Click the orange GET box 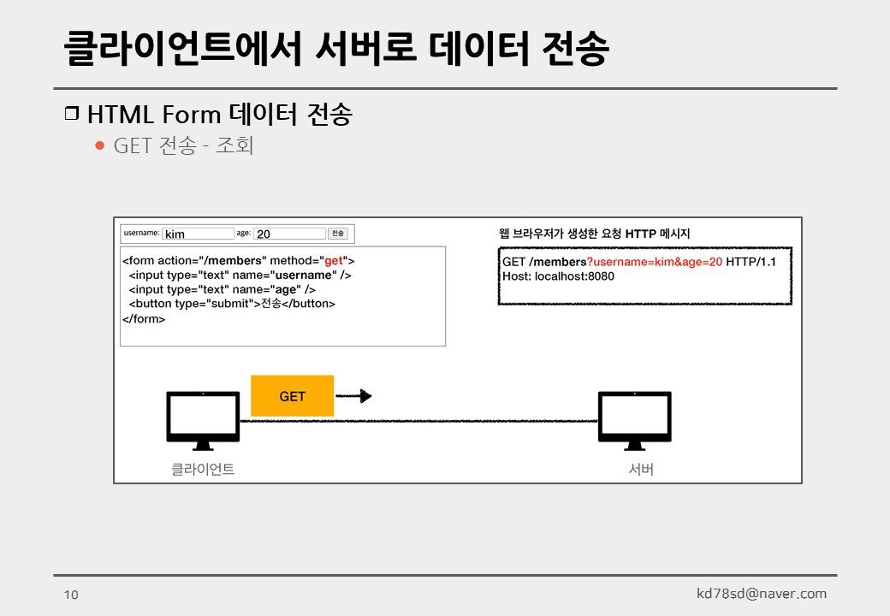[x=292, y=396]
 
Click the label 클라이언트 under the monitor [x=203, y=469]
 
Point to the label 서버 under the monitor [x=641, y=469]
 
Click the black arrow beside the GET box [x=353, y=396]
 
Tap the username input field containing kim [x=198, y=234]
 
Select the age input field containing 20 [x=290, y=234]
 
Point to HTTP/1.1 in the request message [x=751, y=262]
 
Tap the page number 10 [x=71, y=595]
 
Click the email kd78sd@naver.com [x=762, y=594]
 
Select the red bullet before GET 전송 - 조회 [x=99, y=145]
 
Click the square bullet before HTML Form [x=72, y=113]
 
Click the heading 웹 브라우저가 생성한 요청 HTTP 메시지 [x=594, y=234]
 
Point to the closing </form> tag [x=144, y=319]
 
